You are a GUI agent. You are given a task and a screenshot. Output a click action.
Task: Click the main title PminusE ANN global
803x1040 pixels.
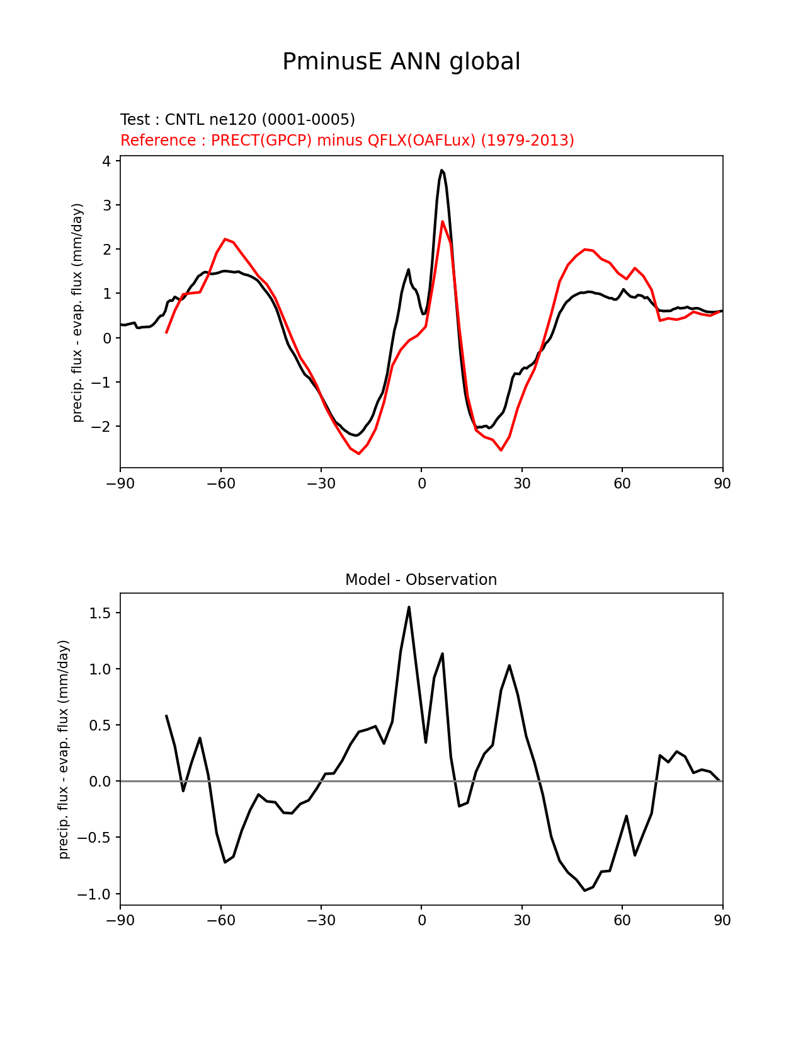coord(401,62)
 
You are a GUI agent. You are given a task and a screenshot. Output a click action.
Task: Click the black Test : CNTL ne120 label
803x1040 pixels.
coord(237,120)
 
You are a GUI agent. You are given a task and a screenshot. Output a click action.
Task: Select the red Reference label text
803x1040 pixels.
coord(347,140)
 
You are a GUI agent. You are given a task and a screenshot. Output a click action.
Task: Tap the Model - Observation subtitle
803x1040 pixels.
coord(421,580)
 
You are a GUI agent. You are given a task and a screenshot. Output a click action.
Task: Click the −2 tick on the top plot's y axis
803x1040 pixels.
coord(103,427)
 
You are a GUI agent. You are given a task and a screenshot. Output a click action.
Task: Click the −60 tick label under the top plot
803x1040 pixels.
coord(220,484)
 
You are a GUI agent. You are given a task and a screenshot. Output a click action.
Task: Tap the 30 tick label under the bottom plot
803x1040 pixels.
coord(521,921)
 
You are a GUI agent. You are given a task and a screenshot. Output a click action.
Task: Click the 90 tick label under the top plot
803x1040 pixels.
coord(722,484)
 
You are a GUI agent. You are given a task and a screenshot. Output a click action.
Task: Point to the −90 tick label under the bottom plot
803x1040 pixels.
coord(120,921)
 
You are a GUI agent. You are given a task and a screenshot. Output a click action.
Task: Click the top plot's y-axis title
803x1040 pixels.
coord(77,313)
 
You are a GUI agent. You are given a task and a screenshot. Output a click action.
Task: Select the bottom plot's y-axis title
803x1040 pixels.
coord(64,749)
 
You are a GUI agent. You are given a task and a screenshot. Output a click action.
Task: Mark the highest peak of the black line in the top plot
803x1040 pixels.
coord(442,170)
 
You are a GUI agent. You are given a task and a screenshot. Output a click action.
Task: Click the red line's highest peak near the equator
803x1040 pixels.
coord(442,222)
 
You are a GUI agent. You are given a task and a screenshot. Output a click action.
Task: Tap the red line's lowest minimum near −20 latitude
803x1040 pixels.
coord(359,454)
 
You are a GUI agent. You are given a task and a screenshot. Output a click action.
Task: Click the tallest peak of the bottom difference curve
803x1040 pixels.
coord(409,607)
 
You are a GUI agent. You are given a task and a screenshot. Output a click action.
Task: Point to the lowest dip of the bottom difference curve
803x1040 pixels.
coord(585,891)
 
